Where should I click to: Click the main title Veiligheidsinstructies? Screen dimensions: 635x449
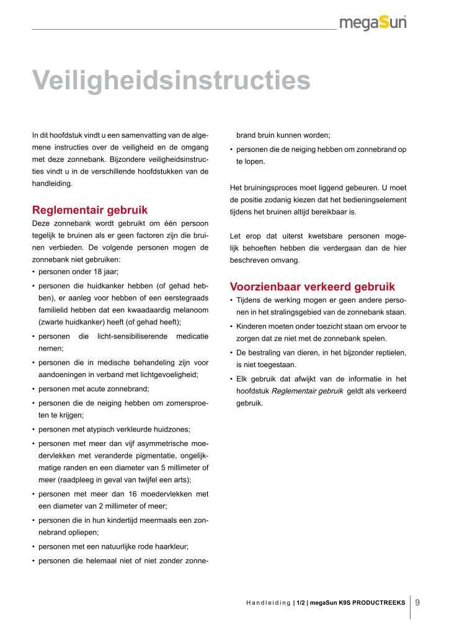171,80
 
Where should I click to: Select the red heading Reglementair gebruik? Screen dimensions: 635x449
90,210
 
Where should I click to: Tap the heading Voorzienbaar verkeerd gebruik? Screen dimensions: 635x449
313,286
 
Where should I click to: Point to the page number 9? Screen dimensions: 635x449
417,602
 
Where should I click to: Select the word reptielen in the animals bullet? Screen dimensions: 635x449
384,352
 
